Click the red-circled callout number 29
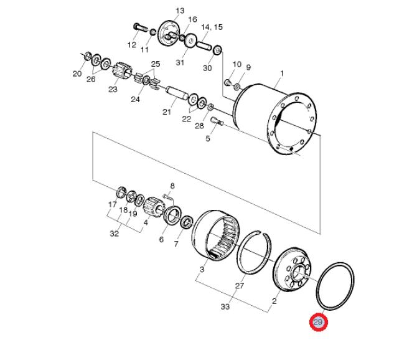pos(318,322)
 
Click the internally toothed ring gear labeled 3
pos(215,234)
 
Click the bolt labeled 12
pos(140,27)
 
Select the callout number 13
pos(180,11)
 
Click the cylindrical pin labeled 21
pos(177,93)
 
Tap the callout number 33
pos(225,306)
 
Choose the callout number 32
pos(114,234)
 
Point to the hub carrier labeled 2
pos(292,270)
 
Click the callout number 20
pos(77,73)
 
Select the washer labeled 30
pos(217,49)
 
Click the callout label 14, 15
pos(212,27)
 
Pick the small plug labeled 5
pos(217,121)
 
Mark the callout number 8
pos(172,186)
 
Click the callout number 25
pos(156,64)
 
